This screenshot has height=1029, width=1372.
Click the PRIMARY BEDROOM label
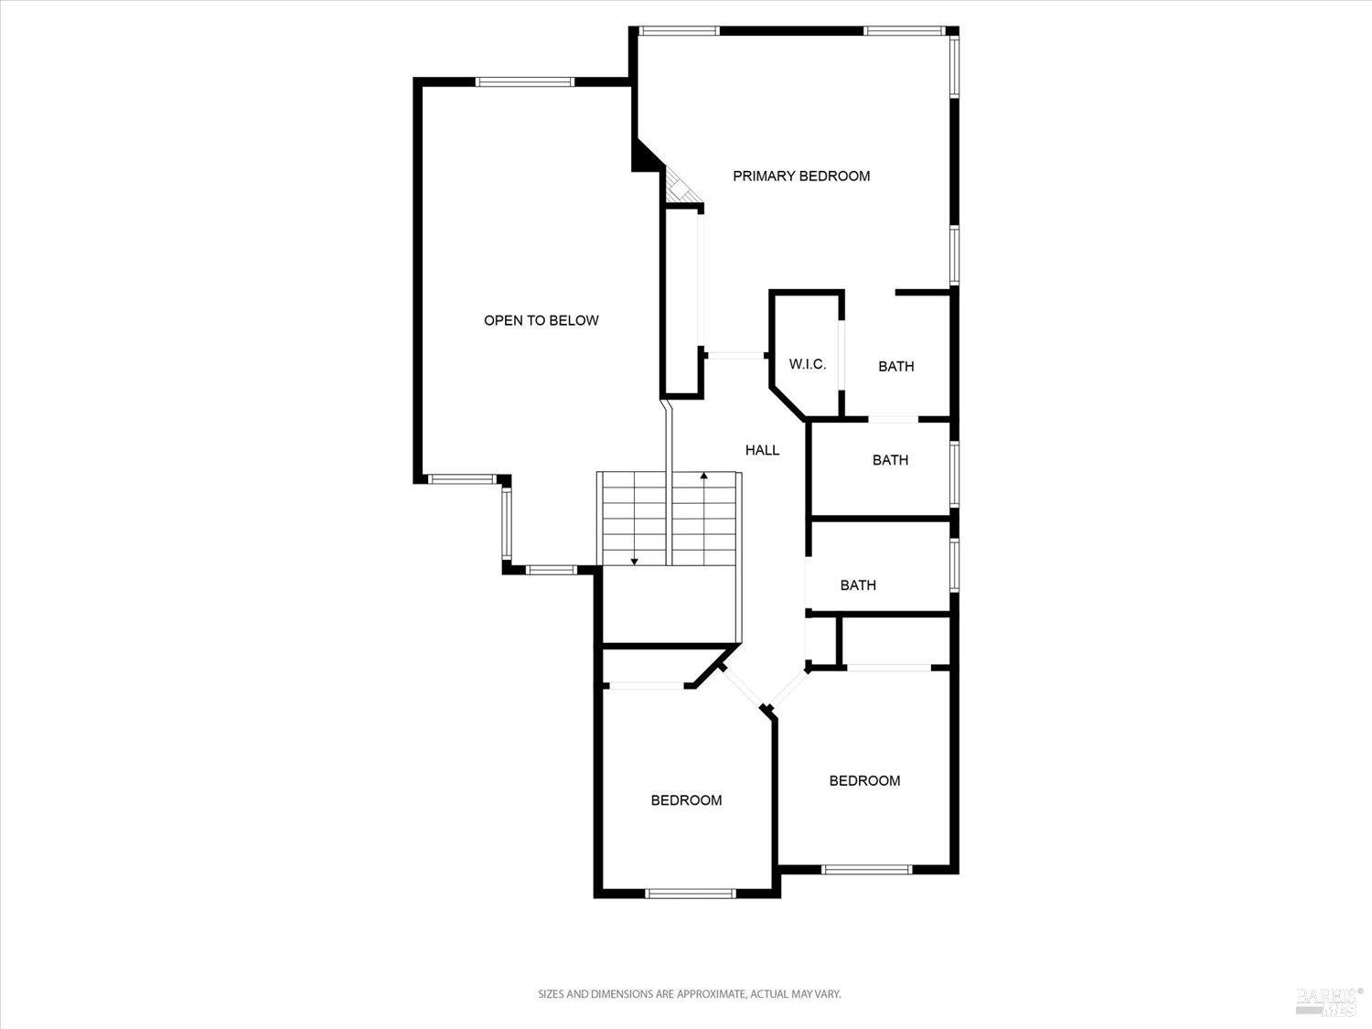[x=801, y=176]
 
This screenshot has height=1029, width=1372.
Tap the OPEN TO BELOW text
[x=541, y=320]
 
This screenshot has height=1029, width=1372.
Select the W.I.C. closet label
[x=808, y=364]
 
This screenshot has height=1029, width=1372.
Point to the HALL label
[x=762, y=450]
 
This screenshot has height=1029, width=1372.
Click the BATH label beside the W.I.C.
[x=895, y=366]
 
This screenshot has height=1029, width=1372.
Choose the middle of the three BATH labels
[x=890, y=460]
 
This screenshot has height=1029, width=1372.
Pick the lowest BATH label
[x=858, y=585]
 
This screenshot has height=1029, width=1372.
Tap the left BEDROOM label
[x=686, y=800]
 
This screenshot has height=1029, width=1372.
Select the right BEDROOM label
[x=864, y=780]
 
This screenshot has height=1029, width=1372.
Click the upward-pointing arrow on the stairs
[x=703, y=476]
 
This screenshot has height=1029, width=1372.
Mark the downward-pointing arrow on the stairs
[x=634, y=560]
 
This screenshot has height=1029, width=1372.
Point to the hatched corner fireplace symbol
[x=680, y=187]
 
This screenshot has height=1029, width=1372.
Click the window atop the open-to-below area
[x=525, y=81]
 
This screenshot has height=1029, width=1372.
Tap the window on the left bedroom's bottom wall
[x=690, y=894]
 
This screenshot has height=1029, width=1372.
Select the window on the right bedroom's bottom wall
[x=866, y=869]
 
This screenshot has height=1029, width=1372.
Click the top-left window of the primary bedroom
[x=678, y=30]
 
